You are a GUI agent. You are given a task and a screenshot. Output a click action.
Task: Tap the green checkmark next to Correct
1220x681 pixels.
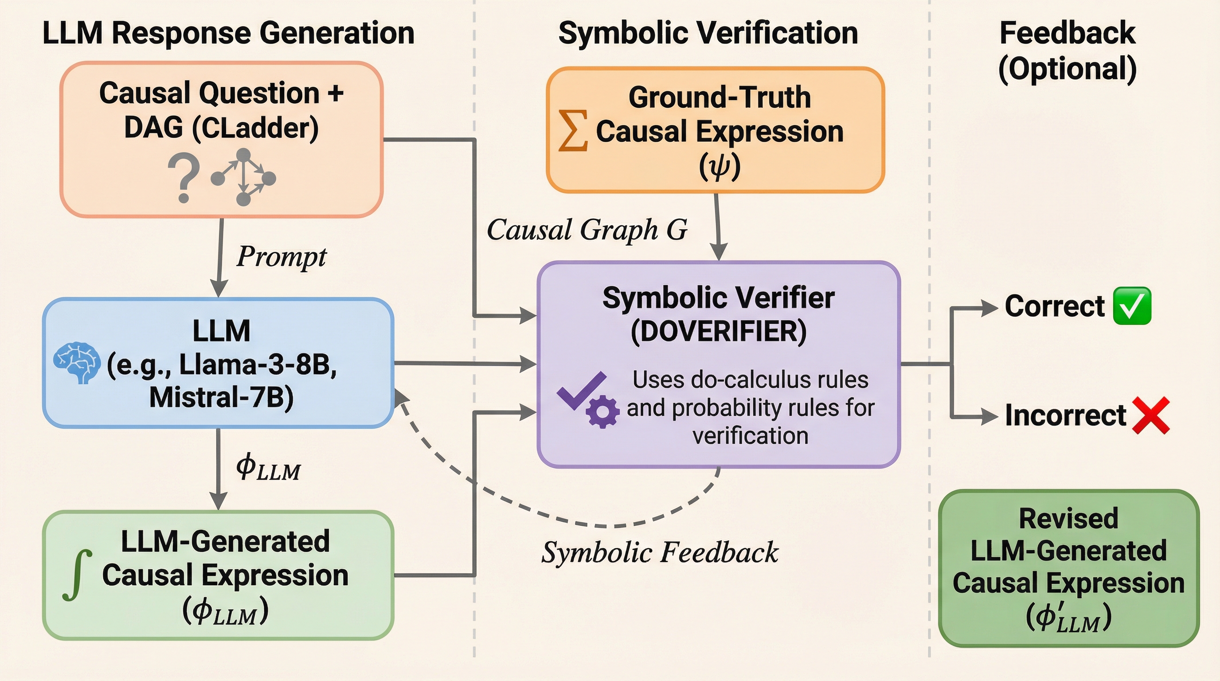[x=1131, y=306]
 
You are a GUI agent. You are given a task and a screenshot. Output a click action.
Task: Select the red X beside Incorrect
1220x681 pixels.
[x=1150, y=415]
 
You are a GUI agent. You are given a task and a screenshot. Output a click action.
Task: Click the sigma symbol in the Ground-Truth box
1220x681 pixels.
[x=573, y=131]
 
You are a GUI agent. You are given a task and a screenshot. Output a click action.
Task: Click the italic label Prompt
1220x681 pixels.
[x=282, y=256]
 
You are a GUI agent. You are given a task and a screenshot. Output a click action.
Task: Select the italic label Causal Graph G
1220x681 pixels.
[x=587, y=230]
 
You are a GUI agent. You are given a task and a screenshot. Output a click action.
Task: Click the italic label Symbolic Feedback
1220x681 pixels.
[x=660, y=552]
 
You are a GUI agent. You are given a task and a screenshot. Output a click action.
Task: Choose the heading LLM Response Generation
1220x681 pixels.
[x=228, y=33]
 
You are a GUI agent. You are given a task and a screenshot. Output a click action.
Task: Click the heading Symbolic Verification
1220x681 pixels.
[x=708, y=33]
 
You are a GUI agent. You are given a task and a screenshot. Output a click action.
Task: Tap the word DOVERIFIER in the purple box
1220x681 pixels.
[x=719, y=331]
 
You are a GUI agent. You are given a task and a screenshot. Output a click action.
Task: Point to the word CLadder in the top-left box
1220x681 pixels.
[x=256, y=128]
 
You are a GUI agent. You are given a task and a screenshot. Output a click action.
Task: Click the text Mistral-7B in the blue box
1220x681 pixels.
[x=221, y=397]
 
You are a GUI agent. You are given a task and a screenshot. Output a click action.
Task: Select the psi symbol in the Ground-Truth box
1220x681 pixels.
[x=719, y=167]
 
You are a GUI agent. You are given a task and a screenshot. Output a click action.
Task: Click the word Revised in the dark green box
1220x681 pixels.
[x=1068, y=518]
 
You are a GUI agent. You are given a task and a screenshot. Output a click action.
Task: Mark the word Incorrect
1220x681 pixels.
[x=1065, y=415]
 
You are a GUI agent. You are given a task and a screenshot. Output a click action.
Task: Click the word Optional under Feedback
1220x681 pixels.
[x=1067, y=69]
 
